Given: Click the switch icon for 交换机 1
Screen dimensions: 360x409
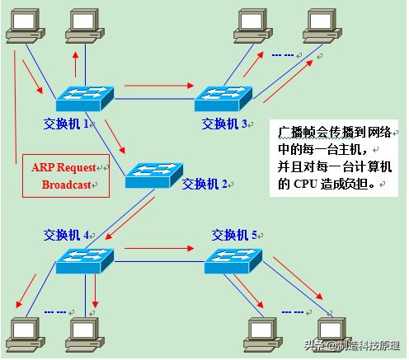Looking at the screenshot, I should [84, 99].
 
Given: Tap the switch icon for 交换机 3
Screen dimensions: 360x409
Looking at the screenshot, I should [223, 99].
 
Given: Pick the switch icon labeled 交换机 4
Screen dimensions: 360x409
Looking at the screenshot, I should [84, 262].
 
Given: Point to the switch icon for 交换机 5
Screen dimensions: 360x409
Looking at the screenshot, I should [233, 262].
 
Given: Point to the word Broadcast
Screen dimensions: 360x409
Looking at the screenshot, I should [68, 185].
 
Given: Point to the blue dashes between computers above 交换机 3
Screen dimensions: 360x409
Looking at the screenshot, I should [282, 56].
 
